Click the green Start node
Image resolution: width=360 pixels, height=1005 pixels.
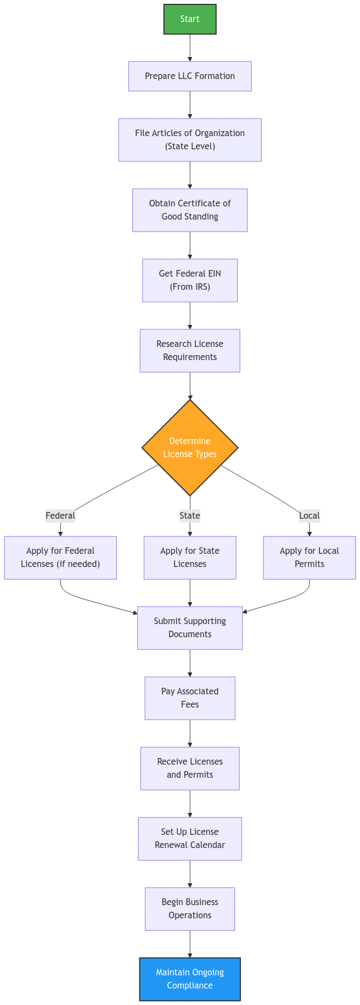click(x=190, y=19)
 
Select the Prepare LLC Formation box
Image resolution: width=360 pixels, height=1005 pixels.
click(x=190, y=76)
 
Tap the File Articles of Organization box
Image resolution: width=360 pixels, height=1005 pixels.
click(x=190, y=140)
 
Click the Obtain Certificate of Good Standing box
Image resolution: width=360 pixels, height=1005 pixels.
click(x=190, y=210)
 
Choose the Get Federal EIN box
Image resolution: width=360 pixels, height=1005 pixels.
click(x=190, y=280)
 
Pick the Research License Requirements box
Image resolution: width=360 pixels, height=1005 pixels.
click(x=190, y=351)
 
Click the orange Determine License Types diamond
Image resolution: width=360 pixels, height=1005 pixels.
click(x=190, y=447)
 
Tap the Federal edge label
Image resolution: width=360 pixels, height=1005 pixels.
click(x=60, y=516)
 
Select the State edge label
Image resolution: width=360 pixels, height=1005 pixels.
click(x=190, y=516)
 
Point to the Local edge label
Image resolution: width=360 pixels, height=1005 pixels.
click(x=310, y=516)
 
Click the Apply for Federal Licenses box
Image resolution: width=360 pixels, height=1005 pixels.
click(x=60, y=558)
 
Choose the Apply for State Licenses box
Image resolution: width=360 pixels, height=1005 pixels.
click(x=190, y=558)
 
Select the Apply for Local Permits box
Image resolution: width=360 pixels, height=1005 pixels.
click(x=310, y=558)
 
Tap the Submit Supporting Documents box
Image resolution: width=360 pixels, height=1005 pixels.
click(x=190, y=628)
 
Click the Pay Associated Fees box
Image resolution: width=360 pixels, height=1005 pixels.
click(x=190, y=698)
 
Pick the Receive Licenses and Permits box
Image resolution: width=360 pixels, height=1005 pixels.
click(x=190, y=768)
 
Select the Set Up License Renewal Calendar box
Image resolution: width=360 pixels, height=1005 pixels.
click(x=190, y=839)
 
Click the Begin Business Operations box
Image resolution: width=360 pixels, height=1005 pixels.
click(x=190, y=909)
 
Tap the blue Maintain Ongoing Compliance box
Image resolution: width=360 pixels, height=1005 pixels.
click(x=190, y=979)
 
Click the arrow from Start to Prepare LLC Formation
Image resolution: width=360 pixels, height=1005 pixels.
click(x=190, y=48)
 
